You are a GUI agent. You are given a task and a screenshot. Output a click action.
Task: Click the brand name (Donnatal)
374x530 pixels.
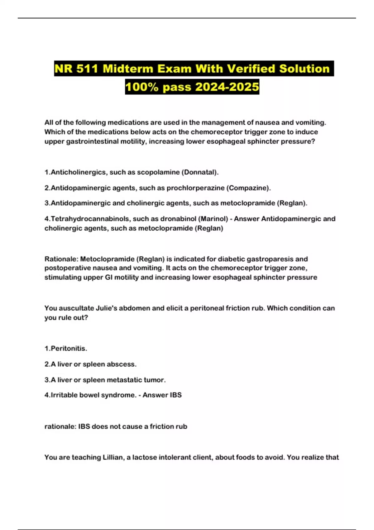point(200,172)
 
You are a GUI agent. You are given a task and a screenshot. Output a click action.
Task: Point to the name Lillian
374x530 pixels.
point(113,457)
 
